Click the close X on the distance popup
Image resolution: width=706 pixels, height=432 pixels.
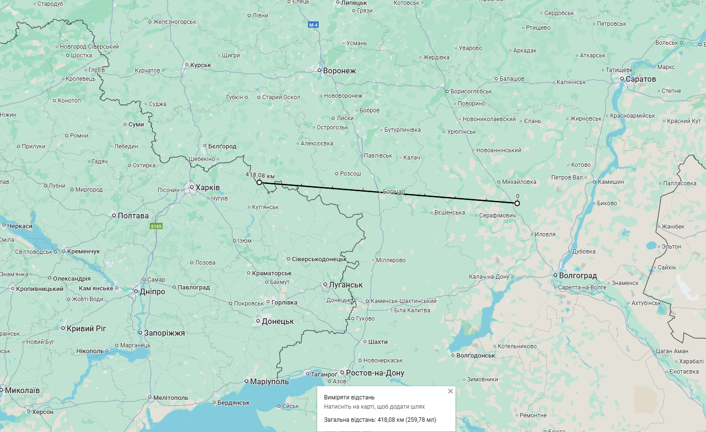(451, 391)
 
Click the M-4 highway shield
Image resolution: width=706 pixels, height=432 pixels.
(313, 25)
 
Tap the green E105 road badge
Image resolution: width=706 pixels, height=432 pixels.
(156, 226)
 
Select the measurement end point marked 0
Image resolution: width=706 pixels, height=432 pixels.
(517, 203)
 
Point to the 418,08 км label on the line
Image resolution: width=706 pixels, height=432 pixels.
(260, 175)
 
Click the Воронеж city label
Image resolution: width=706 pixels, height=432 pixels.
(339, 71)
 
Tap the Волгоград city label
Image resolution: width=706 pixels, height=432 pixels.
(578, 276)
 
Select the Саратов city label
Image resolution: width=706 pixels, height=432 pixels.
(640, 79)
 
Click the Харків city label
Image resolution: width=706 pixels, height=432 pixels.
(207, 188)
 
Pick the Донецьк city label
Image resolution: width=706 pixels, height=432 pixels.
(277, 322)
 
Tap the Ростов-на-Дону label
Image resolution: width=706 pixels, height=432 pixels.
(375, 373)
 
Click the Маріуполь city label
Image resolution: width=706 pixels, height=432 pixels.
(269, 382)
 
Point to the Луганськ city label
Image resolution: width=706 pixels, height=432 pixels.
(345, 285)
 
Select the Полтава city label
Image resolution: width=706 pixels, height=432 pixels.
(133, 216)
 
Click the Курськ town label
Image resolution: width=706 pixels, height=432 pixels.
(200, 65)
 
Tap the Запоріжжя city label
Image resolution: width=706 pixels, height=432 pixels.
(164, 333)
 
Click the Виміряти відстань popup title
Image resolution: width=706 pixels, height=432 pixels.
(349, 397)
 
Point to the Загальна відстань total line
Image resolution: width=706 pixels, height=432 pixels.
(380, 419)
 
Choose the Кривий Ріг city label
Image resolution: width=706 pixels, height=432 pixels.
(86, 329)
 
